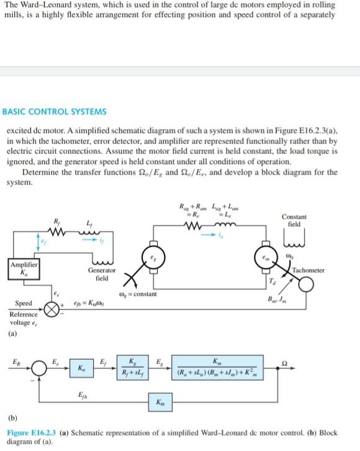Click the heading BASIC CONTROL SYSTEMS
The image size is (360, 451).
(x=55, y=112)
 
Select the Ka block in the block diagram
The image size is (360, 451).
(x=83, y=368)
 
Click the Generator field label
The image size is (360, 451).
(x=101, y=275)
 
